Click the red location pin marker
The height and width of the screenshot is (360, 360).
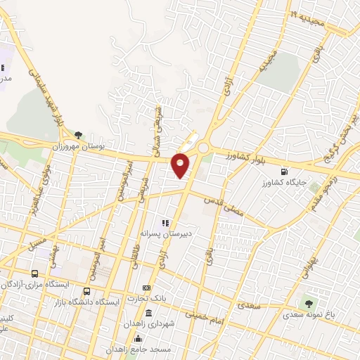point(181,164)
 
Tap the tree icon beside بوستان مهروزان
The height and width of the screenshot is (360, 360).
point(78,135)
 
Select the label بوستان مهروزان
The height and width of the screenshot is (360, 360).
point(78,146)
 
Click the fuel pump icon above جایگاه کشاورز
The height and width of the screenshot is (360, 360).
point(284,171)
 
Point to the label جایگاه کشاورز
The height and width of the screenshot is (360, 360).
point(284,182)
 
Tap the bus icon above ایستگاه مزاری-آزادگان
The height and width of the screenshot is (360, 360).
point(35,273)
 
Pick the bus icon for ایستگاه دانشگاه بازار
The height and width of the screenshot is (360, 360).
point(86,291)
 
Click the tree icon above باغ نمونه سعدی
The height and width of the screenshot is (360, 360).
point(307,304)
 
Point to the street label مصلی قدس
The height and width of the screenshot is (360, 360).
point(224,206)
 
